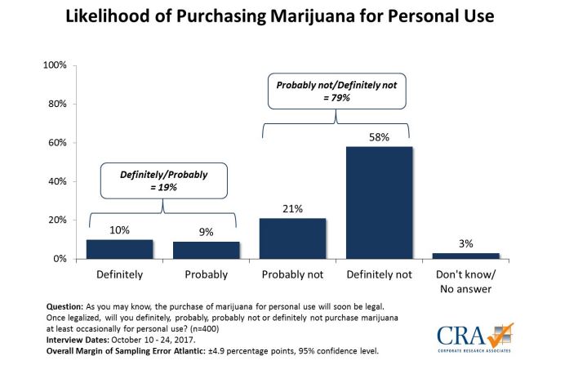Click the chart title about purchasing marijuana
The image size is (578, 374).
pyautogui.click(x=290, y=17)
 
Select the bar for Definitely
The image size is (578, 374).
pyautogui.click(x=119, y=249)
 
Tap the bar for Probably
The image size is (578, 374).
pyautogui.click(x=206, y=250)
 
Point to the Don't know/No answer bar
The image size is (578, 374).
pyautogui.click(x=465, y=256)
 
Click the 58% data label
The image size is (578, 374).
pyautogui.click(x=379, y=136)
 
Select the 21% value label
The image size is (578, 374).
pyautogui.click(x=292, y=208)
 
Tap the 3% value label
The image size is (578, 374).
pyautogui.click(x=465, y=243)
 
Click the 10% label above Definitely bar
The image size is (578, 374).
pyautogui.click(x=119, y=229)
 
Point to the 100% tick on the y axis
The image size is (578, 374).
pyautogui.click(x=53, y=65)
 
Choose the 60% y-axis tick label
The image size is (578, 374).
pyautogui.click(x=56, y=142)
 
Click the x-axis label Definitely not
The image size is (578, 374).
pyautogui.click(x=379, y=274)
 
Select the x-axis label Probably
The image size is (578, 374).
pyautogui.click(x=206, y=274)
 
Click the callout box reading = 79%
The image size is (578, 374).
pyautogui.click(x=336, y=90)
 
